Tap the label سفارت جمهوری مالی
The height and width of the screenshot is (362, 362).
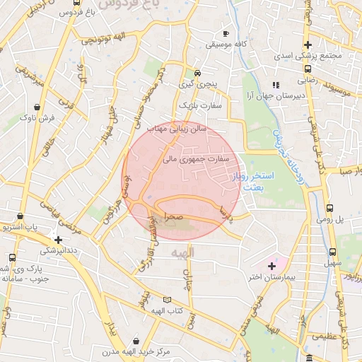pyautogui.click(x=197, y=160)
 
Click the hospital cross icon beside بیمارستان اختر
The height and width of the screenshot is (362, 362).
pyautogui.click(x=271, y=266)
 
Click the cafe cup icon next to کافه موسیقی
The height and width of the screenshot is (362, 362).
pyautogui.click(x=226, y=33)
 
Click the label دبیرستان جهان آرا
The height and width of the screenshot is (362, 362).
pyautogui.click(x=274, y=95)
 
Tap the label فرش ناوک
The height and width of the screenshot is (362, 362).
pyautogui.click(x=38, y=117)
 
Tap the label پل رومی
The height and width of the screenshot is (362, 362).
pyautogui.click(x=348, y=220)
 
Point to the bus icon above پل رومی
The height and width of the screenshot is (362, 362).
pyautogui.click(x=330, y=208)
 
